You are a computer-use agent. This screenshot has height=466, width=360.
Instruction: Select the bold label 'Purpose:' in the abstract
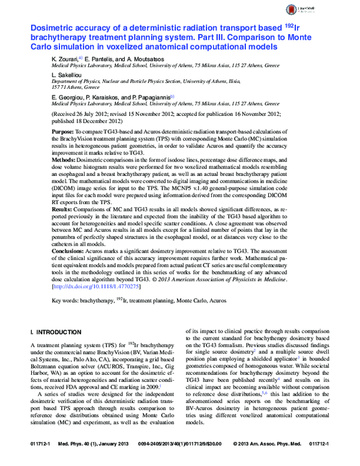63,130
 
